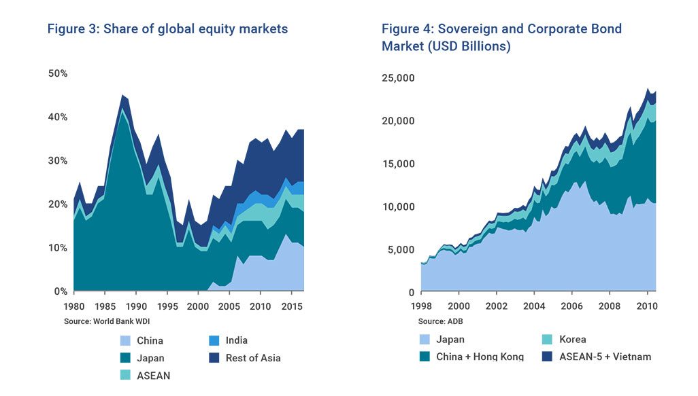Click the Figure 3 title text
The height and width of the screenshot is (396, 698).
click(167, 29)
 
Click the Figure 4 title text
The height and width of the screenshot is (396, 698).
click(501, 37)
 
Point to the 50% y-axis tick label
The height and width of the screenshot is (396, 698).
click(57, 73)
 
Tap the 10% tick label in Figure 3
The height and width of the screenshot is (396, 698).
click(57, 248)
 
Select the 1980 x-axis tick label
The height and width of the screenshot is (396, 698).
click(74, 306)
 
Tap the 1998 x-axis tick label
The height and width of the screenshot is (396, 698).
click(421, 306)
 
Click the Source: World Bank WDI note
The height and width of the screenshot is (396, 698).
click(103, 320)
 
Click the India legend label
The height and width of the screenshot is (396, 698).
click(237, 340)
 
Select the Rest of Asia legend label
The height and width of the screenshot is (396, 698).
click(253, 358)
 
